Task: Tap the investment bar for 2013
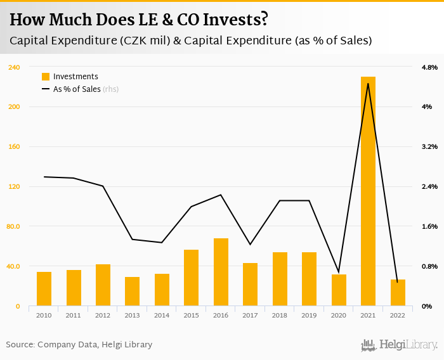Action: [x=133, y=292]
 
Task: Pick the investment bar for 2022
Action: [x=398, y=293]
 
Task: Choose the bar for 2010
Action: [x=44, y=289]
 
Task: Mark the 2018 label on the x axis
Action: [x=280, y=315]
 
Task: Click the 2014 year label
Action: [x=162, y=315]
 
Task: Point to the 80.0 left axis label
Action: [x=13, y=227]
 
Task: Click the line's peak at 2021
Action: [x=368, y=84]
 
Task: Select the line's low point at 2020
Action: [x=339, y=272]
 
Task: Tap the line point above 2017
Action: [x=251, y=244]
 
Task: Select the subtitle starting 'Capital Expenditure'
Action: [x=190, y=41]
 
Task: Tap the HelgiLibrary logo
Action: [x=400, y=345]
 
